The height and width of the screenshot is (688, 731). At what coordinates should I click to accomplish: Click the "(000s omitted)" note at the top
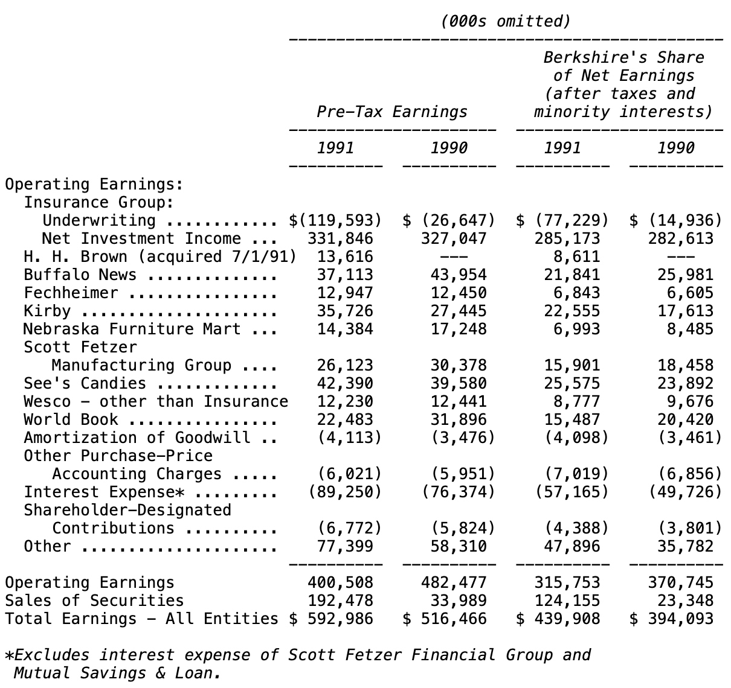coord(505,22)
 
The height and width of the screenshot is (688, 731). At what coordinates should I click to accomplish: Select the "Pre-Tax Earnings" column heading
coord(392,112)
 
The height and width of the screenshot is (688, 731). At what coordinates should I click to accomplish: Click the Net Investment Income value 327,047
coord(454,239)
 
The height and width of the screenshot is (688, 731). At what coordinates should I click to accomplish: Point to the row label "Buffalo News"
coord(80,275)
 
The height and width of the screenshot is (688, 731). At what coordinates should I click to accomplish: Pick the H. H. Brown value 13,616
coord(345,257)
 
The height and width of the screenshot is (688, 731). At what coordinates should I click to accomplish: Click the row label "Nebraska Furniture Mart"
coord(131,330)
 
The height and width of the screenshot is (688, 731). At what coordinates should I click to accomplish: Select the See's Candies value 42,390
coord(345,384)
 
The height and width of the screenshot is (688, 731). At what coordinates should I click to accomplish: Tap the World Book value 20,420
coord(685,420)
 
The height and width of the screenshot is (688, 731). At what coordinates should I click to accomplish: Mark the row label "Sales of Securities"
coord(94,601)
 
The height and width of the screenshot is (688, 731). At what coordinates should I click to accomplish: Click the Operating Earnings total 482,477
coord(454,583)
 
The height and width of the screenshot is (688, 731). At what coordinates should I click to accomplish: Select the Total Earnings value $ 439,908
coord(558,619)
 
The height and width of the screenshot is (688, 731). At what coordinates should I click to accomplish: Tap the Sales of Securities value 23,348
coord(685,601)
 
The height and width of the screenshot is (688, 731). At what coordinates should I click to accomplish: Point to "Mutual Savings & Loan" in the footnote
coord(114,673)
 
